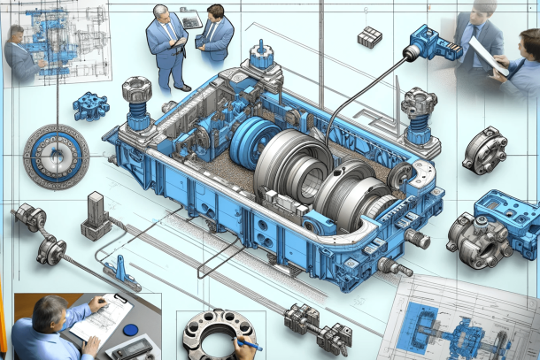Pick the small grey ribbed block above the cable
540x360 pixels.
pos(367,36)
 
